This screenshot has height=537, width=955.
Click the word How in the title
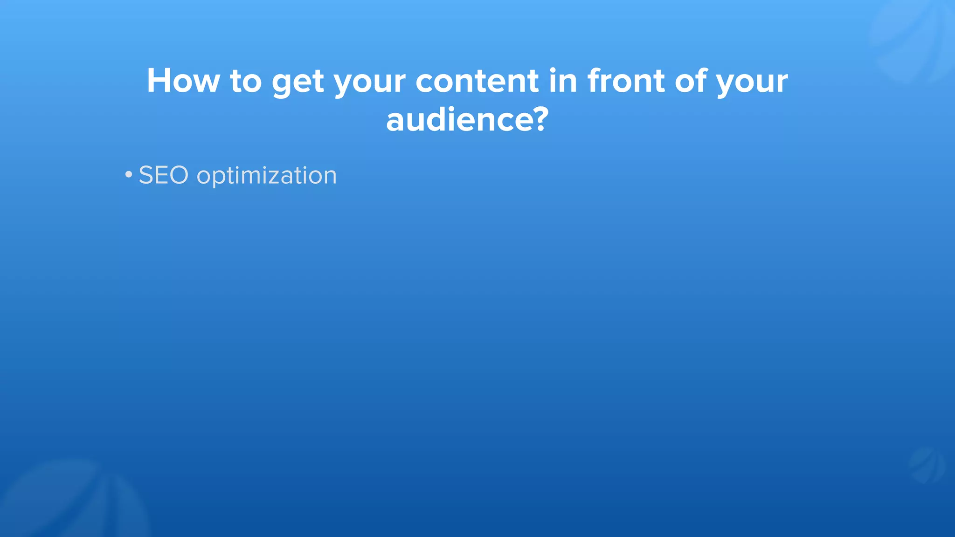click(x=183, y=81)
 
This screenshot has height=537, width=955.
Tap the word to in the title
click(x=246, y=81)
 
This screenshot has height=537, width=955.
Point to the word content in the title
click(x=477, y=81)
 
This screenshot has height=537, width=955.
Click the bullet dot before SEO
click(x=129, y=175)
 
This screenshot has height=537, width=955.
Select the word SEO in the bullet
click(x=164, y=175)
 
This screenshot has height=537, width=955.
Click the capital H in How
click(x=159, y=81)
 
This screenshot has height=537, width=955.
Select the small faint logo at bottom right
click(x=927, y=465)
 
